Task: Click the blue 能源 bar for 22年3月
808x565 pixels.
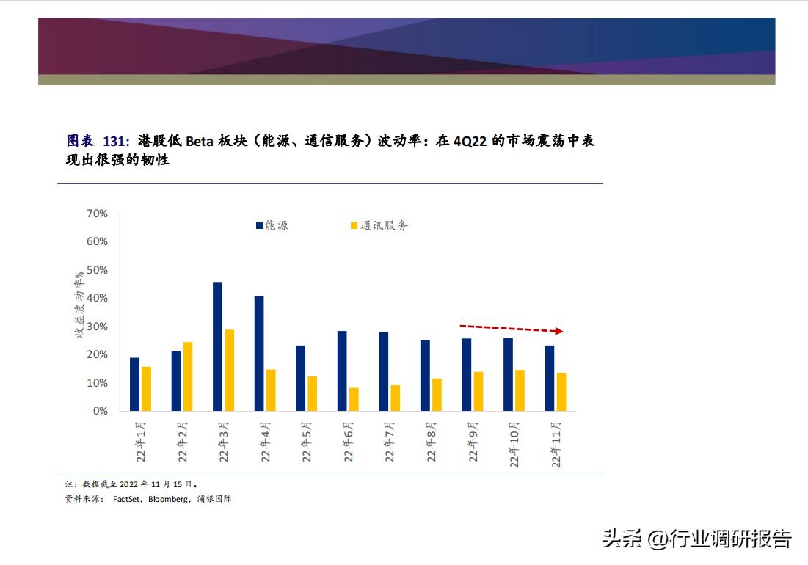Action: click(x=217, y=346)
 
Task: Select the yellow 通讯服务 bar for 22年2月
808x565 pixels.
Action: click(x=188, y=376)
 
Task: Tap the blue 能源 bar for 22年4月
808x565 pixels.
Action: click(x=259, y=353)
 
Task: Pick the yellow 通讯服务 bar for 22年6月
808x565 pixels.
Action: click(x=354, y=399)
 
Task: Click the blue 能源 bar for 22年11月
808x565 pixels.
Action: click(x=550, y=378)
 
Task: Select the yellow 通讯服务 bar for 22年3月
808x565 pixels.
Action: click(x=229, y=370)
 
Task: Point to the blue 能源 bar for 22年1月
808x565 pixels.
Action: click(x=134, y=384)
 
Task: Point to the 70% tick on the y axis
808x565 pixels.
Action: click(x=97, y=214)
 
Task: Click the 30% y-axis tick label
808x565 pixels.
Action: click(x=97, y=327)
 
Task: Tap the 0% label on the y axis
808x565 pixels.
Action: click(x=100, y=411)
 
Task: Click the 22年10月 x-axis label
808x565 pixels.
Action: click(x=515, y=445)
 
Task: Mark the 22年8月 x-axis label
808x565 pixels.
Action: click(x=432, y=442)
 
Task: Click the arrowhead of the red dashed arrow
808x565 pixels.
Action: click(x=558, y=331)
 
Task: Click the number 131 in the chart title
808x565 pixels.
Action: click(x=114, y=141)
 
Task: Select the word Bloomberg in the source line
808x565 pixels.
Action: click(x=167, y=499)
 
